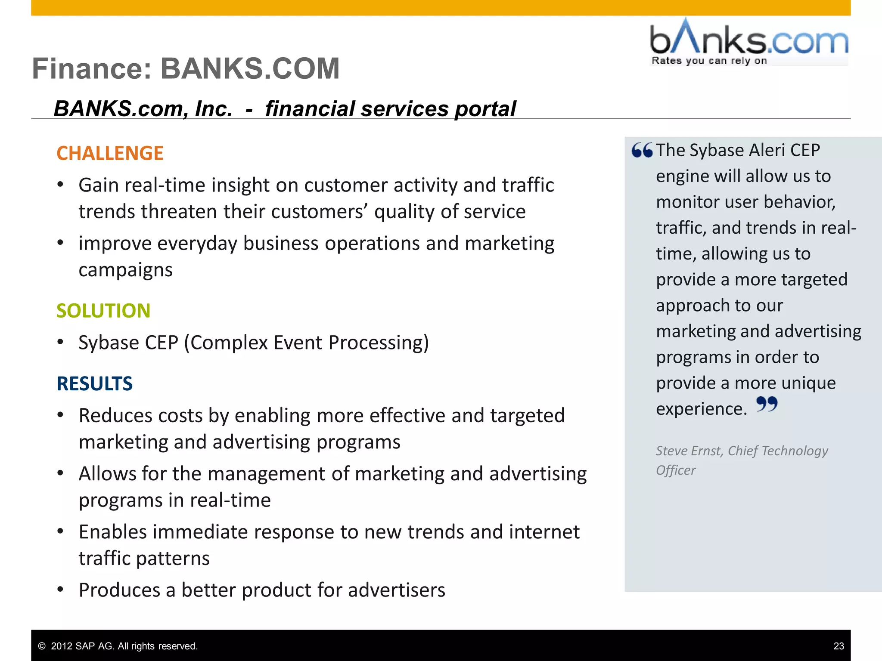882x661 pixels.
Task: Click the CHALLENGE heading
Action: point(110,153)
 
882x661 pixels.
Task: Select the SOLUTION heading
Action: point(103,311)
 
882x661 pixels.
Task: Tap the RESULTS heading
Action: point(95,383)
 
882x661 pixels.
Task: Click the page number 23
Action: point(839,646)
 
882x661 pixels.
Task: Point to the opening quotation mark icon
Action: point(642,150)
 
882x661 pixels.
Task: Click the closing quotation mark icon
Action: point(767,404)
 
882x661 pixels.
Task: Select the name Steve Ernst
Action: point(689,451)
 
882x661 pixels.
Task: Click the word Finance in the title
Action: point(92,68)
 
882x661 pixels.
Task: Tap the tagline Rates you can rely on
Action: point(709,61)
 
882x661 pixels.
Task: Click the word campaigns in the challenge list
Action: point(125,270)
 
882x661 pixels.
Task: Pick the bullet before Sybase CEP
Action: point(61,343)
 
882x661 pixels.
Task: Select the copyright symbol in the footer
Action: point(42,646)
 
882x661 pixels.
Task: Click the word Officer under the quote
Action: point(675,470)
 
